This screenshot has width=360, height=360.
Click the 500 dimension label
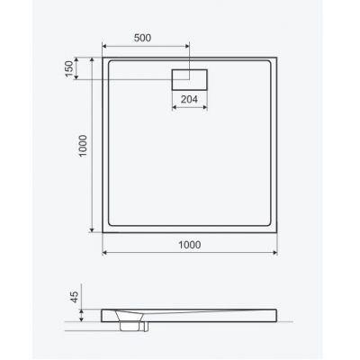(142, 38)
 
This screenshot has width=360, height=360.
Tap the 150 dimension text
(69, 68)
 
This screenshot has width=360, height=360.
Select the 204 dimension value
(189, 99)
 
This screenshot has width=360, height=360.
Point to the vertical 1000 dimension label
(83, 146)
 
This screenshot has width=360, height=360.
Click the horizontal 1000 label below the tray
(190, 245)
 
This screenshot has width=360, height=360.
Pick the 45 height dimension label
(74, 297)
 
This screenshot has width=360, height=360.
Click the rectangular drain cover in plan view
(189, 79)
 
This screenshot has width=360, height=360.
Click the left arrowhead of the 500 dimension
(104, 46)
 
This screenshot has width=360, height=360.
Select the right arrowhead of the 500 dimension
(187, 46)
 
